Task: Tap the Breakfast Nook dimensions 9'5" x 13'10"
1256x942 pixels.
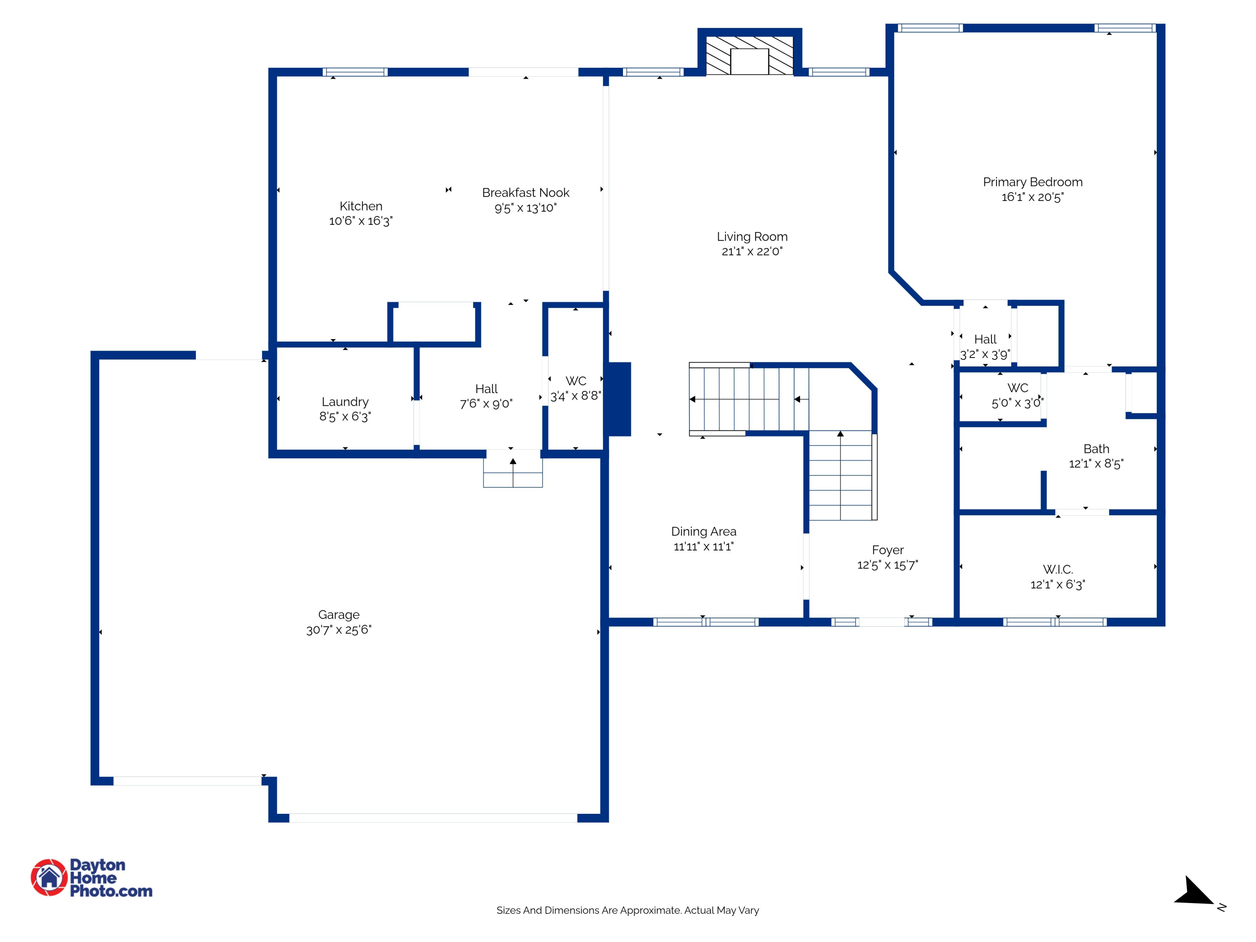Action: [525, 208]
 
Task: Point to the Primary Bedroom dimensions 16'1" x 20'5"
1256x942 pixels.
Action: [1032, 197]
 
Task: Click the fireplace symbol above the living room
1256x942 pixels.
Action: [749, 56]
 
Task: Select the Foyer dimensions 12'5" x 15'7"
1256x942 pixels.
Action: [888, 565]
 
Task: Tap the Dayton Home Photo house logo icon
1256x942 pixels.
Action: [49, 877]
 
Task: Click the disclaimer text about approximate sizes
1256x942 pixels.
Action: [628, 910]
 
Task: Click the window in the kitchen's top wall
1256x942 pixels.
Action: [355, 72]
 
